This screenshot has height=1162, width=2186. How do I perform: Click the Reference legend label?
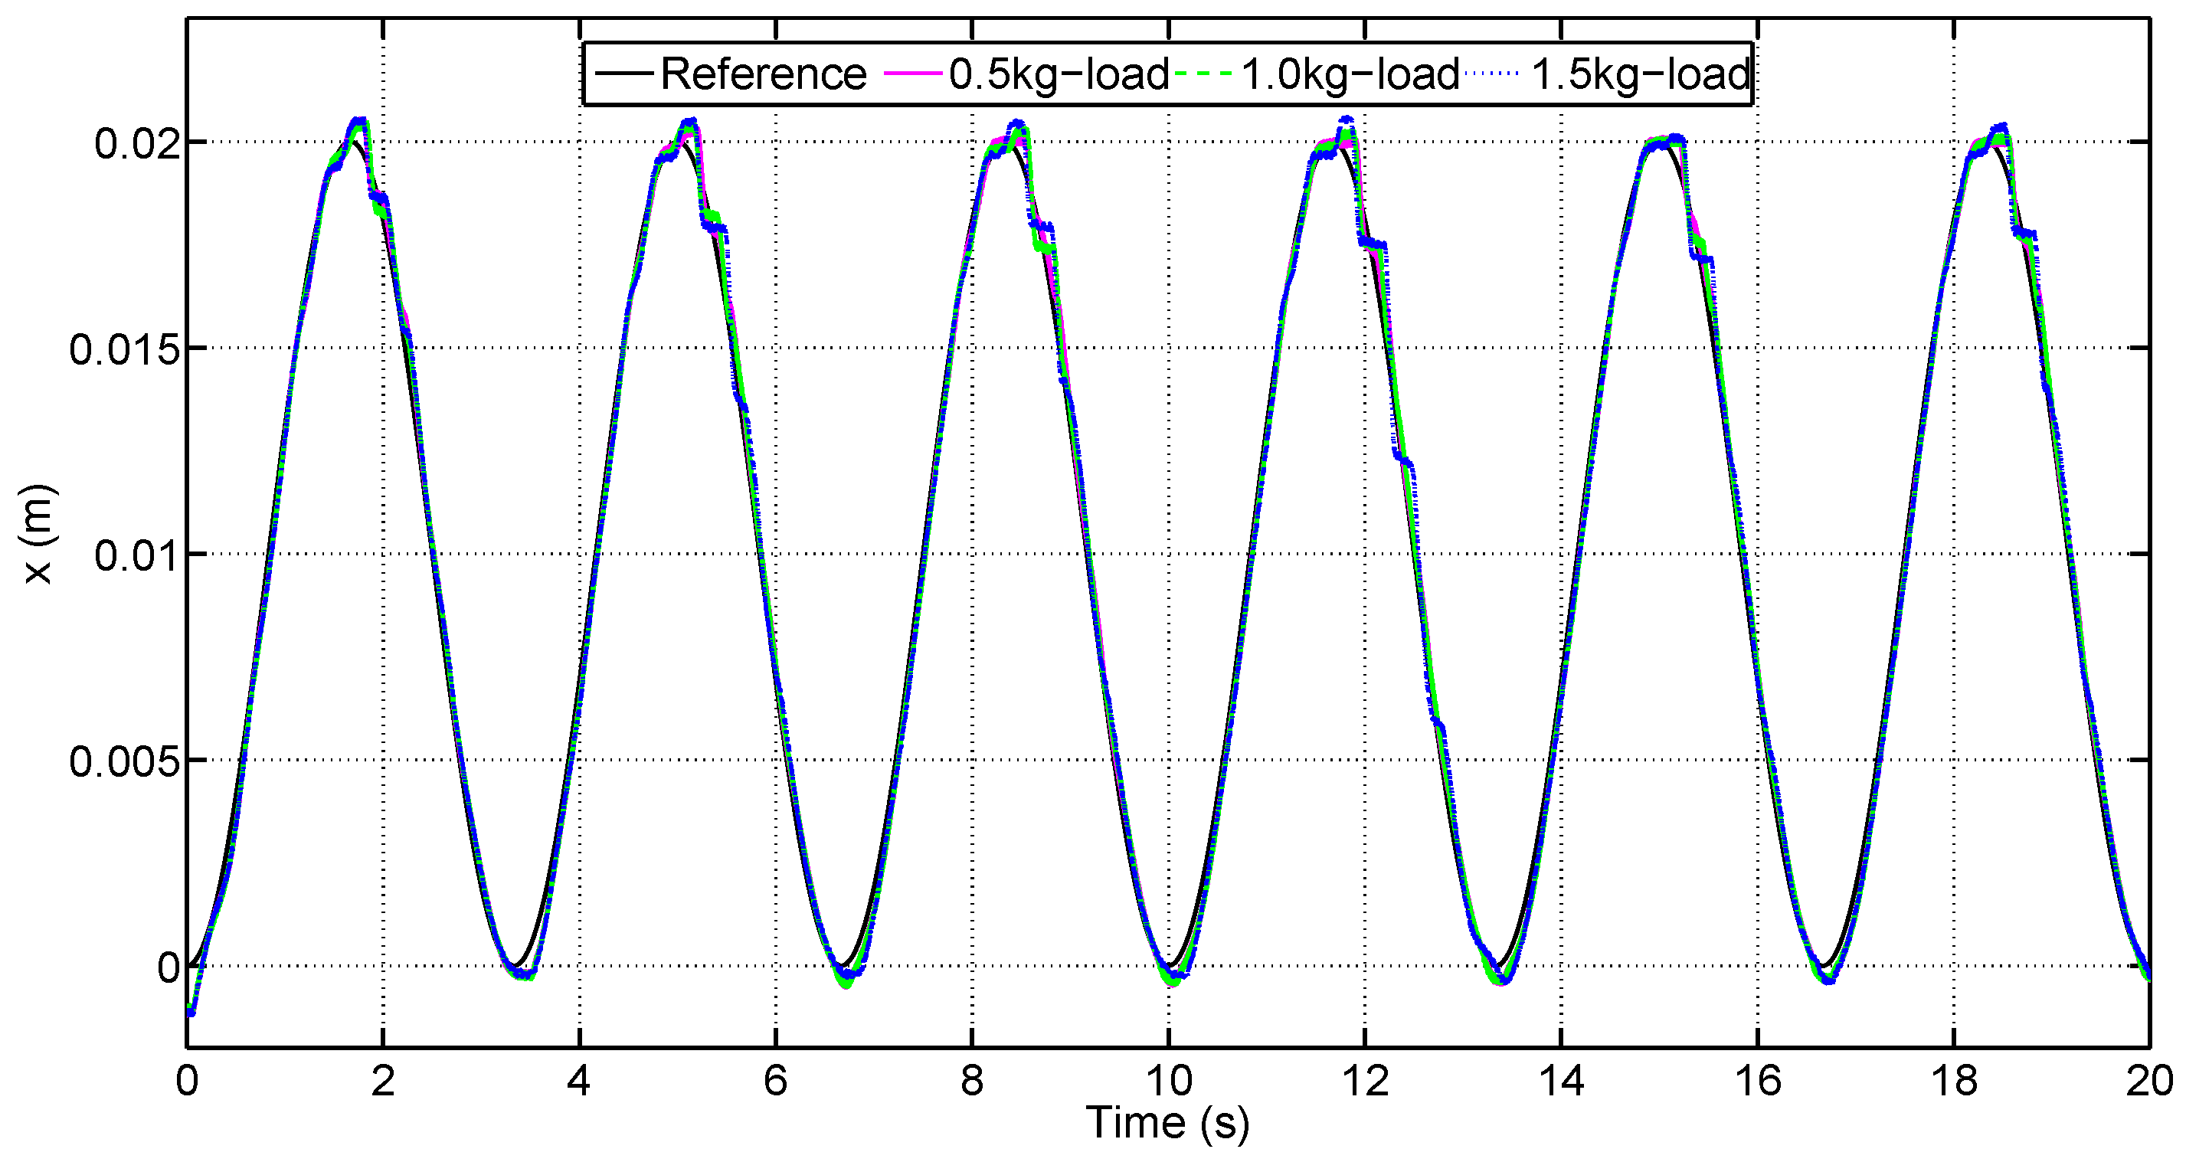click(x=763, y=74)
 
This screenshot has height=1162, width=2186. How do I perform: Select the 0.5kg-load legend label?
click(x=1059, y=74)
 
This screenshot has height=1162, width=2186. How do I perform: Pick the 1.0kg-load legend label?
click(x=1350, y=74)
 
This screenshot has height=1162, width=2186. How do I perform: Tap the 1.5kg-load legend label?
click(x=1641, y=74)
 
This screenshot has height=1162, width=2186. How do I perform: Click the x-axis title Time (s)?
click(x=1167, y=1123)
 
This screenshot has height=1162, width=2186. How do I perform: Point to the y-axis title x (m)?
click(x=38, y=534)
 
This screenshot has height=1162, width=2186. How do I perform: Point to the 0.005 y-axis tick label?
click(x=125, y=761)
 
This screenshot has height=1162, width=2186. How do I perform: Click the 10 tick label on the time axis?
click(x=1169, y=1081)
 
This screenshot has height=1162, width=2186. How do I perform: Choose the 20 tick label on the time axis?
click(x=2149, y=1081)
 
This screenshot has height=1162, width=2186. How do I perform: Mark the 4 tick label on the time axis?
click(x=579, y=1081)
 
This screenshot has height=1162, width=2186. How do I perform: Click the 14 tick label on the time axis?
click(x=1562, y=1081)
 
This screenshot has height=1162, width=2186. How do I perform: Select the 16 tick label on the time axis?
click(x=1758, y=1081)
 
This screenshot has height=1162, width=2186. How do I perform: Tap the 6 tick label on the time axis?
click(x=776, y=1081)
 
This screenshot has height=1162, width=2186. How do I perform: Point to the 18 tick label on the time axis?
click(x=1953, y=1081)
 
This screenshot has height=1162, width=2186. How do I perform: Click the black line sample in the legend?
click(x=623, y=73)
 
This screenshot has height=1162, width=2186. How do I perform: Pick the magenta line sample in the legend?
click(x=913, y=74)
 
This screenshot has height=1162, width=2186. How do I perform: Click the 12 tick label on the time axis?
click(x=1365, y=1081)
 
